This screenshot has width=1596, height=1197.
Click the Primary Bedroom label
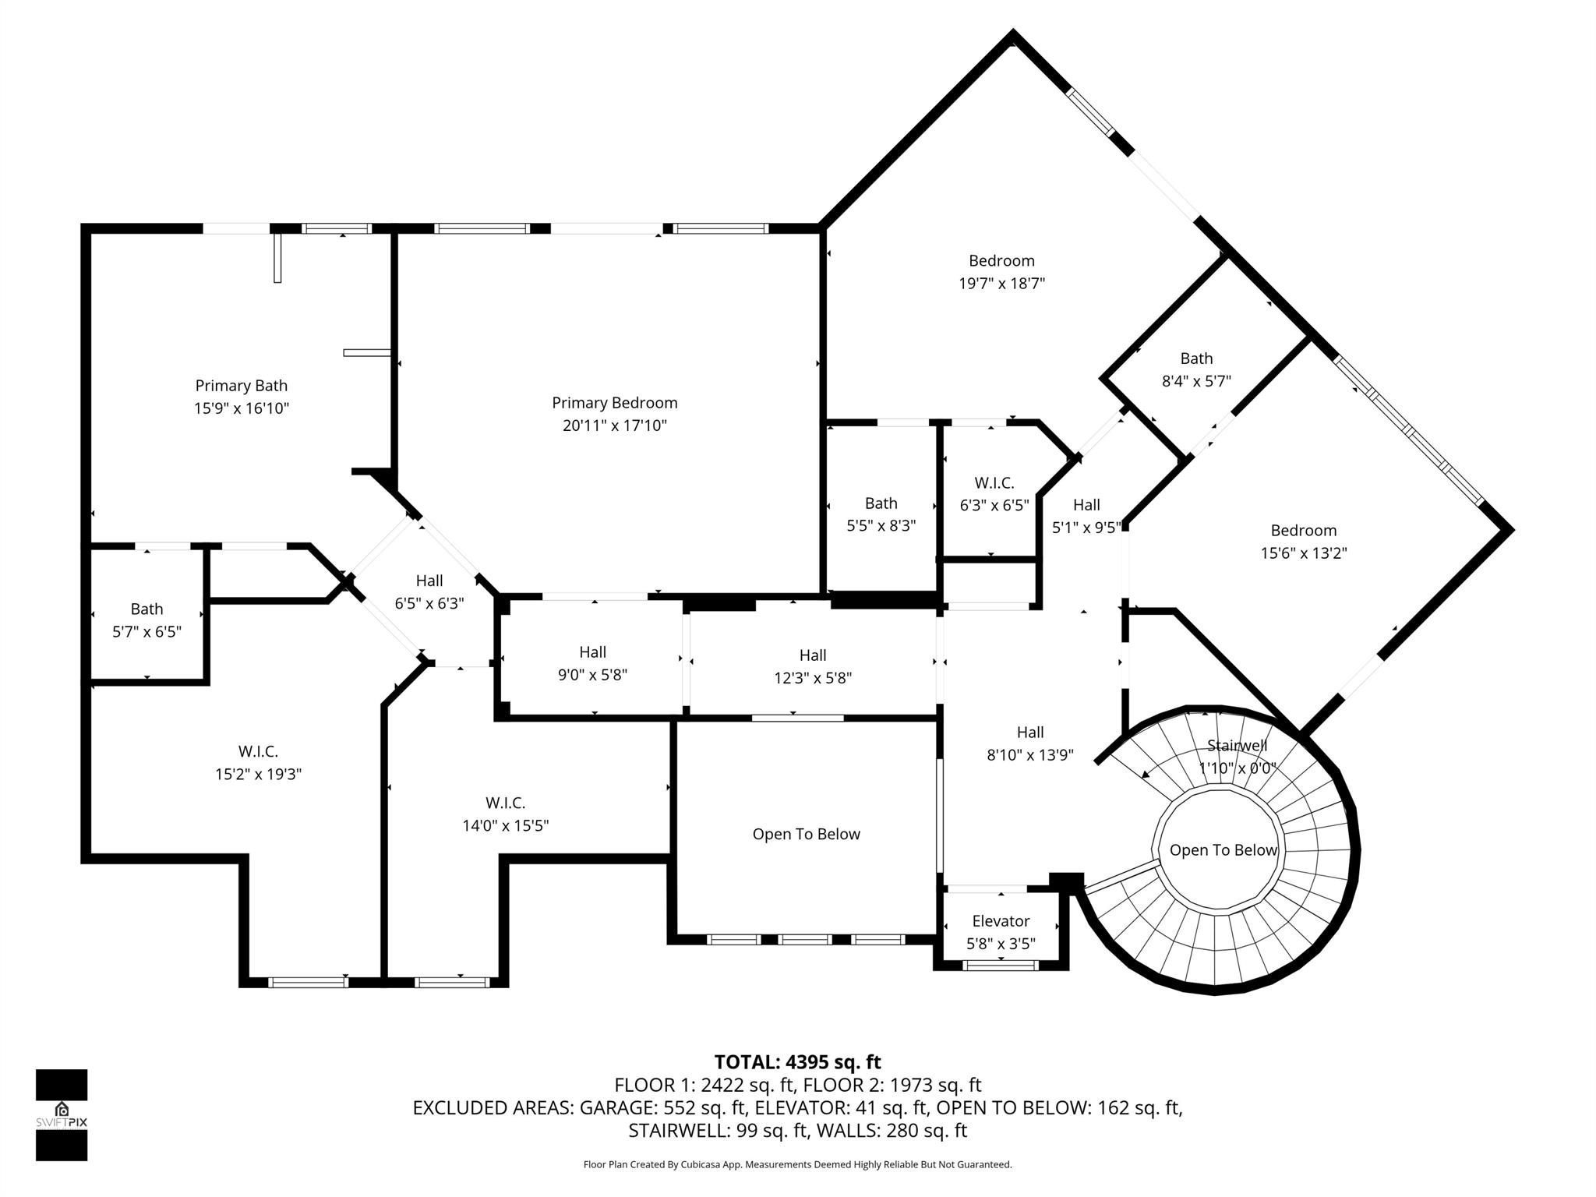click(614, 403)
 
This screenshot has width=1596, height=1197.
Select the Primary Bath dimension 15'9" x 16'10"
click(242, 408)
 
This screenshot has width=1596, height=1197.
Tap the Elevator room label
click(1001, 921)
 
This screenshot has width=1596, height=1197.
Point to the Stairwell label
click(1237, 746)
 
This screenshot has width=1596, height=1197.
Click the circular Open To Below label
click(1223, 850)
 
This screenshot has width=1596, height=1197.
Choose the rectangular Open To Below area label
click(806, 834)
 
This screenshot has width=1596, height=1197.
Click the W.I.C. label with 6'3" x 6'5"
click(994, 483)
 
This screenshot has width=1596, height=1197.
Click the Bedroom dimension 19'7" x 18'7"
click(1001, 283)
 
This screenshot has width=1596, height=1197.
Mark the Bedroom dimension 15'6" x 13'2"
click(1304, 553)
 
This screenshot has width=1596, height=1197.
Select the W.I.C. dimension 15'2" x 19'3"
click(258, 774)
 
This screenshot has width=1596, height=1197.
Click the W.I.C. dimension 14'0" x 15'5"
click(505, 825)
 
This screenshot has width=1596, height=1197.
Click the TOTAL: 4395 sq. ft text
click(797, 1062)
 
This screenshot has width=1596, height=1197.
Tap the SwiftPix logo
click(62, 1114)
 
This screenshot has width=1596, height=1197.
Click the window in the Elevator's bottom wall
click(1001, 965)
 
